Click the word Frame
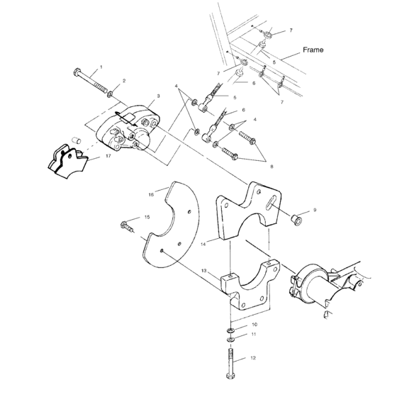(313, 50)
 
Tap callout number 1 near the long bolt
(101, 67)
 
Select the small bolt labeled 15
(125, 228)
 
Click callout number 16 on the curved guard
(150, 193)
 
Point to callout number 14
(203, 242)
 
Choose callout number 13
(203, 270)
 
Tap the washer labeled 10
(231, 330)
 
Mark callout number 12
(253, 359)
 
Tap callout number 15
(147, 217)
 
